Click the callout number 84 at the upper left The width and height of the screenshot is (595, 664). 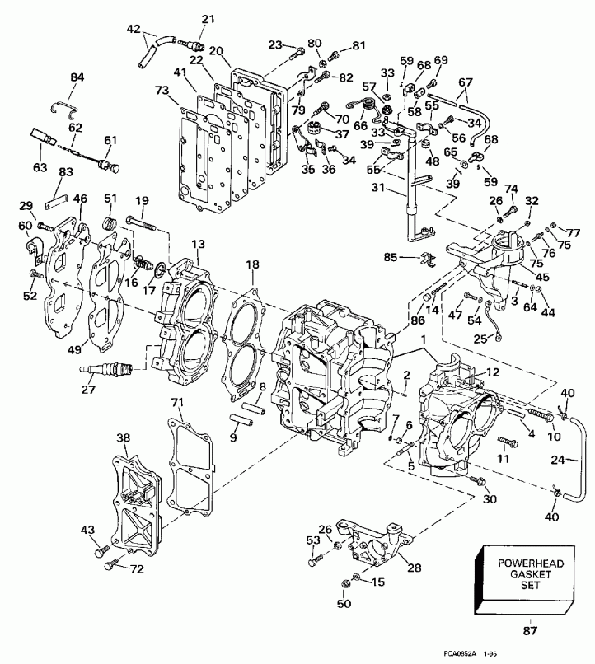[77, 77]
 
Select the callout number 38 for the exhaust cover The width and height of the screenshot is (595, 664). [123, 437]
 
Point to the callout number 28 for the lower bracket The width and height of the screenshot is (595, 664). [413, 568]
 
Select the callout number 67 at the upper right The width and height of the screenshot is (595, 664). [466, 82]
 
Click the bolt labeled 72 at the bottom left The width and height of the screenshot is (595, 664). [110, 566]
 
